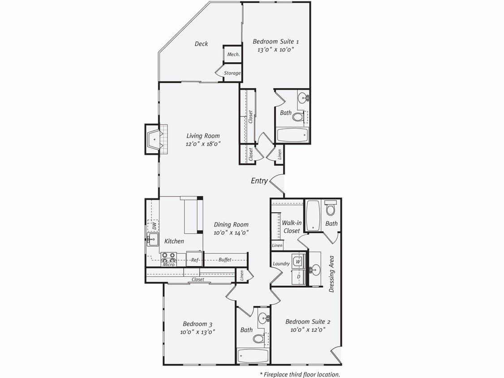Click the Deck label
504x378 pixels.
(x=201, y=44)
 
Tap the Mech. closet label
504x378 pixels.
(x=233, y=54)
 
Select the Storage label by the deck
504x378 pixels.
(x=232, y=73)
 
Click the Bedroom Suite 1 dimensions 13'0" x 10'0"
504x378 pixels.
(x=276, y=50)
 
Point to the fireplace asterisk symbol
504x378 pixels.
(x=155, y=140)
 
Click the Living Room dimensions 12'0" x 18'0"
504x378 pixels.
(x=203, y=144)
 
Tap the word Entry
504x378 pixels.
(x=259, y=181)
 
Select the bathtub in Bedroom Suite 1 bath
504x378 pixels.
(x=293, y=134)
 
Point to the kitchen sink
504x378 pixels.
(x=151, y=240)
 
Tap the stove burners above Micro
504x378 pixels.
(x=168, y=257)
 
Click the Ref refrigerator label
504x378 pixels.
(x=195, y=260)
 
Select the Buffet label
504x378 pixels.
(x=224, y=260)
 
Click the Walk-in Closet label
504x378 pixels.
(x=291, y=227)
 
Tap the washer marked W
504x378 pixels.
(x=298, y=260)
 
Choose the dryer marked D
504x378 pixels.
(x=298, y=277)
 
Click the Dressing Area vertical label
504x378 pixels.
(x=332, y=274)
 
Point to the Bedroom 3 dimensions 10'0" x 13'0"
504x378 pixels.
(x=197, y=332)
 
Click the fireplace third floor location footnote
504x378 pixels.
(x=300, y=374)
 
